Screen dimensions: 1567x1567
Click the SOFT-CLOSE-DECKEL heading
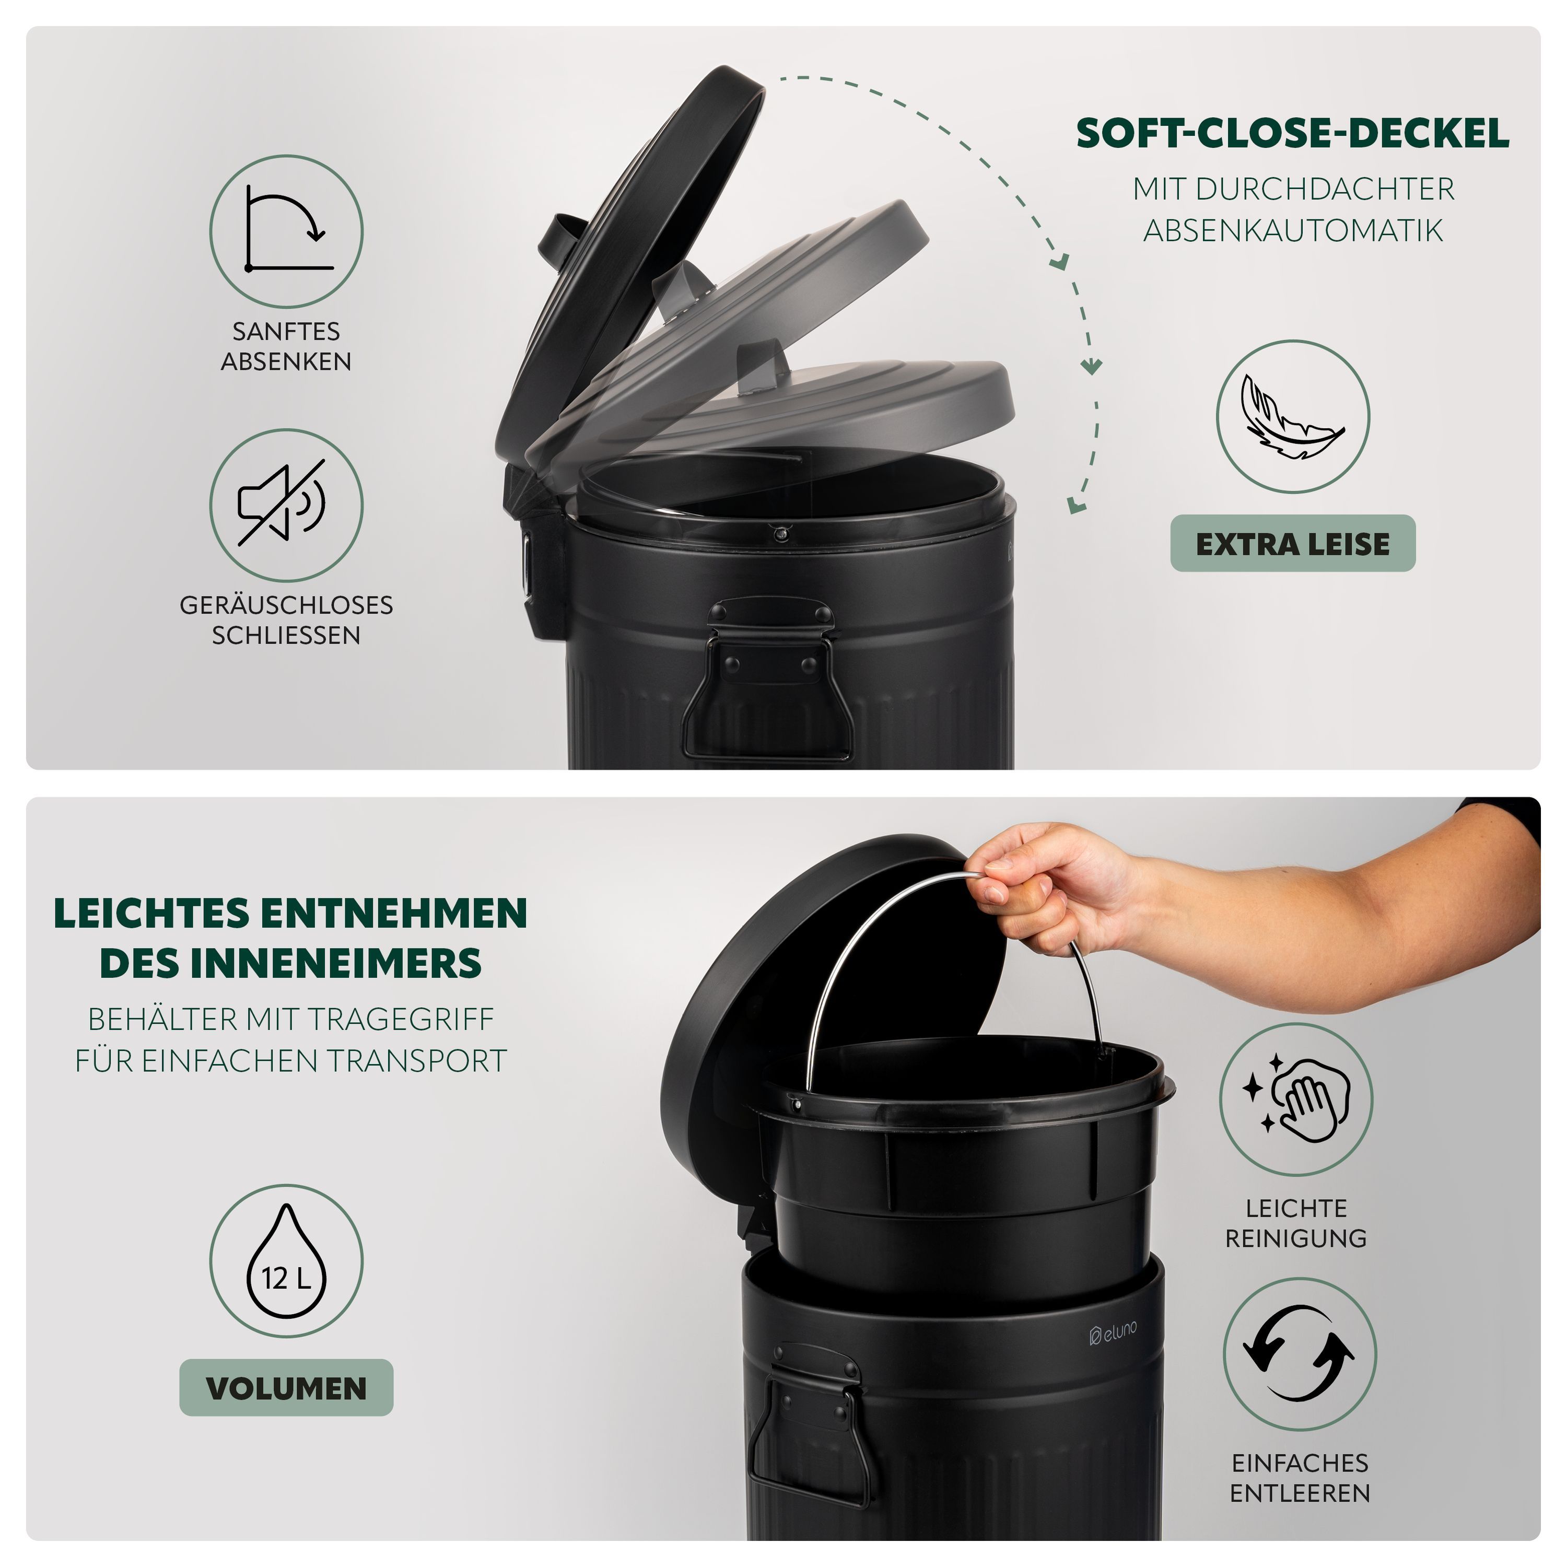[x=1293, y=134]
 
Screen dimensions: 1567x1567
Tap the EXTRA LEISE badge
[x=1293, y=543]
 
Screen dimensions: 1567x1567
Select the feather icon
[x=1293, y=416]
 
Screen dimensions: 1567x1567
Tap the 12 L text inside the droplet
[x=286, y=1279]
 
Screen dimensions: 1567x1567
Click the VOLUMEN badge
[x=286, y=1388]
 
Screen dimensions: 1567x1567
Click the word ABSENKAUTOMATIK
[x=1293, y=230]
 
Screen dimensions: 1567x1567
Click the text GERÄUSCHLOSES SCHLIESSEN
[x=286, y=619]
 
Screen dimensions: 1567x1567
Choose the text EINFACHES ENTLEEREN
[x=1300, y=1478]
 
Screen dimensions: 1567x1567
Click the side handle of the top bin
[x=759, y=678]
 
